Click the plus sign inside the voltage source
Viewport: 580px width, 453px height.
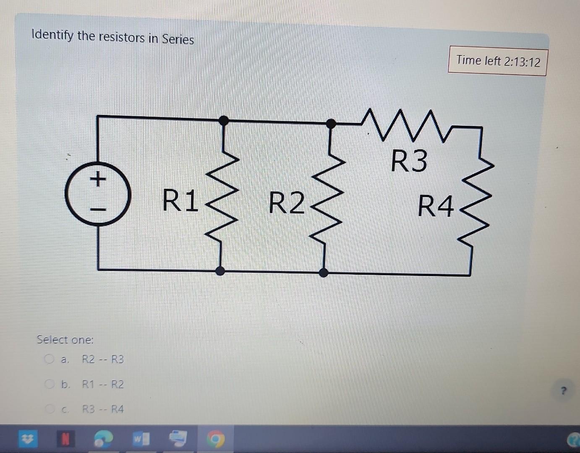(97, 180)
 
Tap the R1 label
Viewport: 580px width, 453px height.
(180, 201)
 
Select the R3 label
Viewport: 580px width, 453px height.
(409, 161)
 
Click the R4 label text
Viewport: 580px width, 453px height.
(436, 207)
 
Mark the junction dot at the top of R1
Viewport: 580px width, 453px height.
(224, 121)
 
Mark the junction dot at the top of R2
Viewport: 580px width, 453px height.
(331, 123)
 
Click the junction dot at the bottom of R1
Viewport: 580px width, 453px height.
(220, 271)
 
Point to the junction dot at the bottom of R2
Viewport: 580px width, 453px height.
(323, 273)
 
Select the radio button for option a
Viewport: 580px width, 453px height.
(50, 359)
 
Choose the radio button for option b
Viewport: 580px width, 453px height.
(50, 384)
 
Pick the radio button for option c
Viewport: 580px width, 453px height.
(50, 409)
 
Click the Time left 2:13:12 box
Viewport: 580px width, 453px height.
(498, 61)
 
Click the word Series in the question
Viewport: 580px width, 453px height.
(178, 39)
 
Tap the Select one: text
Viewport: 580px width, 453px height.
(65, 339)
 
